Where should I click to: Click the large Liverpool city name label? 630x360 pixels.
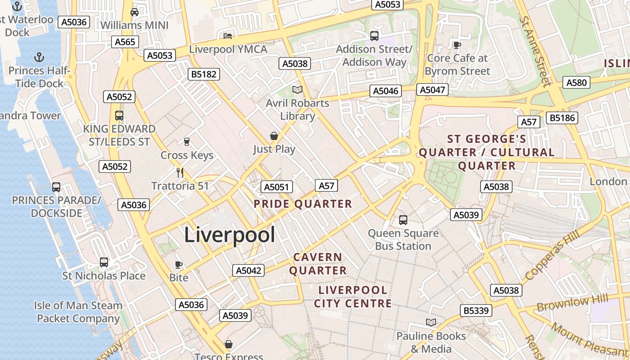pos(229,235)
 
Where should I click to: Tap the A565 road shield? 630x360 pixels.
pos(125,42)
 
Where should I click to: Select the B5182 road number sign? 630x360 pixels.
pos(204,74)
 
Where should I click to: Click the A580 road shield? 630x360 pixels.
pos(576,82)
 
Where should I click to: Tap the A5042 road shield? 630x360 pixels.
pos(248,270)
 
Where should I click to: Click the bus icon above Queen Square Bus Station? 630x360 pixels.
pos(403,220)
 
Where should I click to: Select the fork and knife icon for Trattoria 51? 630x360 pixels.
pos(180,172)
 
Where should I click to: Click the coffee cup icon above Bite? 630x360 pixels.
pos(179,265)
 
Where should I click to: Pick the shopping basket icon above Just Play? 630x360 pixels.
pos(274,135)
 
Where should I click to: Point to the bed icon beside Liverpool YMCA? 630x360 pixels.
pos(228,36)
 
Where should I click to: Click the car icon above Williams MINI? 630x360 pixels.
pos(134,12)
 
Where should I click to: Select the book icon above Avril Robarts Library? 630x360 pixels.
pos(297,90)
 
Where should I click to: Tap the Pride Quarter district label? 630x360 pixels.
pos(303,204)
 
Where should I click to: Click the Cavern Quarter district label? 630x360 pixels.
pos(318,264)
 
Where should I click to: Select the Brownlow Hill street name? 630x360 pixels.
pos(572,303)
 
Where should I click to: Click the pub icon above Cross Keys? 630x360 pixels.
pos(187,142)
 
